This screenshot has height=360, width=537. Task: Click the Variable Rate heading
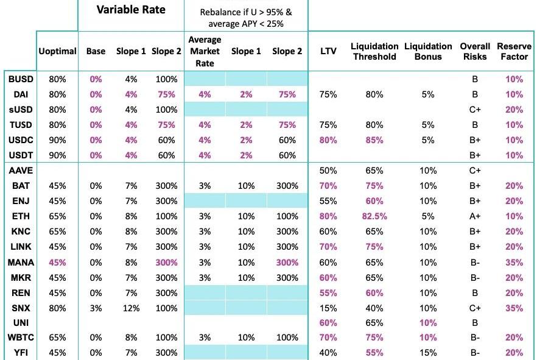pyautogui.click(x=130, y=10)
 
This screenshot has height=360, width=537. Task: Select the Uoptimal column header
pyautogui.click(x=57, y=52)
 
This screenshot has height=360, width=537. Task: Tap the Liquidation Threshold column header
pyautogui.click(x=374, y=52)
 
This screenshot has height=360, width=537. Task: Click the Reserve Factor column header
pyautogui.click(x=513, y=52)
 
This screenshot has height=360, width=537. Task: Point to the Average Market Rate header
pyautogui.click(x=205, y=52)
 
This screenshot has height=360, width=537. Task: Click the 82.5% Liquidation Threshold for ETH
pyautogui.click(x=374, y=216)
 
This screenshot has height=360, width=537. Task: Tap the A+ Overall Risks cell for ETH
pyautogui.click(x=475, y=216)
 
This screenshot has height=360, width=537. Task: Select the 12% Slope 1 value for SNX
pyautogui.click(x=131, y=308)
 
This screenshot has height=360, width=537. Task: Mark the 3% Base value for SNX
pyautogui.click(x=96, y=308)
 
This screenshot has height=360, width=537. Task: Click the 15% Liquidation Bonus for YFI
pyautogui.click(x=428, y=353)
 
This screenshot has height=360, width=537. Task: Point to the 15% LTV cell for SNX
pyautogui.click(x=328, y=308)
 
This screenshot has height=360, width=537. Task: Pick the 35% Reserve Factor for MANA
pyautogui.click(x=514, y=262)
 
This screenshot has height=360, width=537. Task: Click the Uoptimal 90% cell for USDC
pyautogui.click(x=57, y=140)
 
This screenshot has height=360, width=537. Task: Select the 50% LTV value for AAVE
pyautogui.click(x=328, y=171)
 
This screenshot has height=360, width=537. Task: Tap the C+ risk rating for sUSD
pyautogui.click(x=475, y=110)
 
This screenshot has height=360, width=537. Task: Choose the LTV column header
pyautogui.click(x=328, y=52)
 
